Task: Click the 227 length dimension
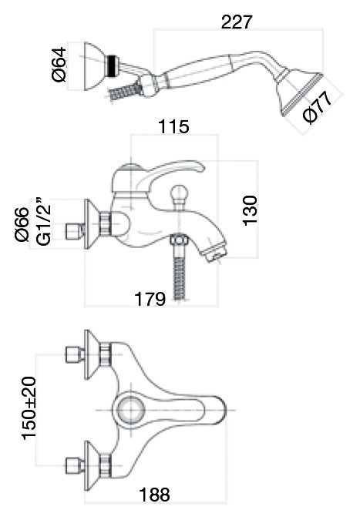(x=237, y=22)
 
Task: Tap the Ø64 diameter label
(x=59, y=65)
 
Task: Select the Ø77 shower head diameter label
(x=318, y=107)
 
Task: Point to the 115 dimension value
(x=173, y=126)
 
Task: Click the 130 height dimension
(x=250, y=210)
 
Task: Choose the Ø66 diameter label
(x=22, y=224)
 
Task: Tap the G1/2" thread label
(x=44, y=222)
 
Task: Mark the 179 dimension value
(x=150, y=299)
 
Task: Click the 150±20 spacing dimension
(x=29, y=408)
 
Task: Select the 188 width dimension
(x=155, y=495)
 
